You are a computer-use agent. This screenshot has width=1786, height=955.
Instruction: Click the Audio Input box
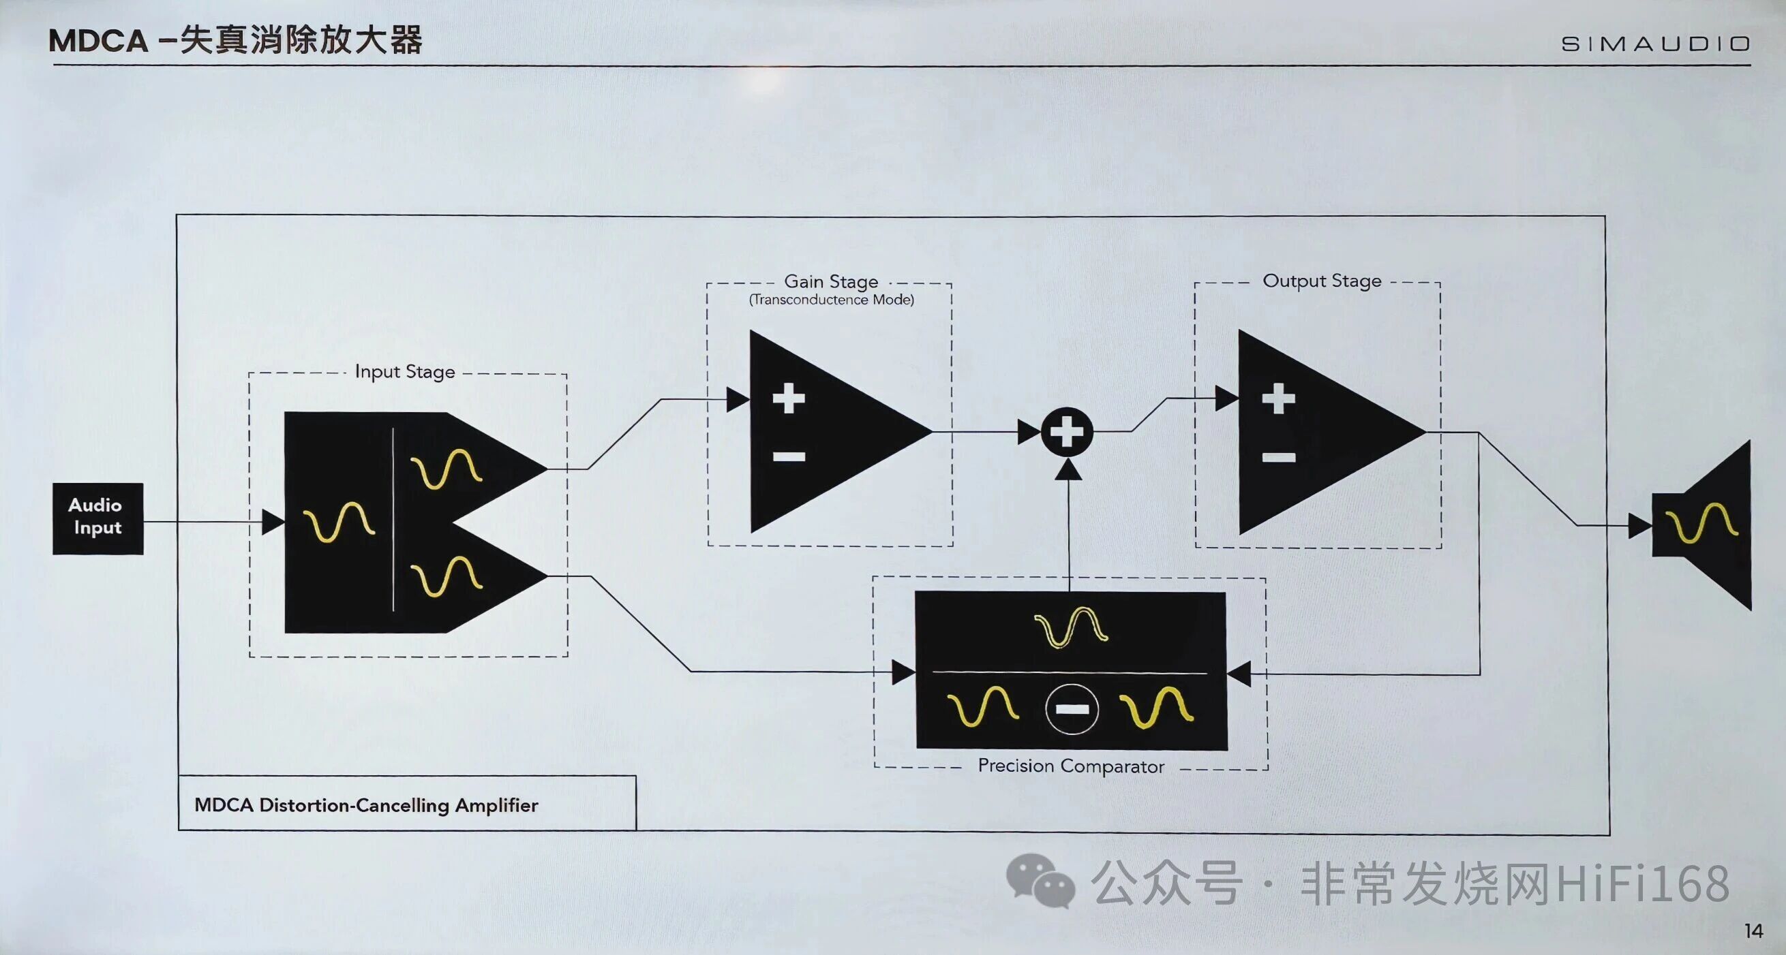97,518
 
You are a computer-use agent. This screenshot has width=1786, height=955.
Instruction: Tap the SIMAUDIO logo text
1655,44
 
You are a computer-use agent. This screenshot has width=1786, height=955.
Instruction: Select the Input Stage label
405,372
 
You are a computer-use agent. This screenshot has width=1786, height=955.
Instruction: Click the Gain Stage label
830,281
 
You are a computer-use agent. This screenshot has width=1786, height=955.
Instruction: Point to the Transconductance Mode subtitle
830,300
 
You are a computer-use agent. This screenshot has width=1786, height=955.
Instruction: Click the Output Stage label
1322,281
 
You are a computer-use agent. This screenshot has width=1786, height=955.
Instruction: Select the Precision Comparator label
1070,766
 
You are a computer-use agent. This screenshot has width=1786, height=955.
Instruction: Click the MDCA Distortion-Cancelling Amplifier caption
366,804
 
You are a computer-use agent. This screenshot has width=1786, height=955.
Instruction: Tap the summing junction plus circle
1067,432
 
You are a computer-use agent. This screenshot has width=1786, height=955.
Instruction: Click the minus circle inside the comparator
1071,708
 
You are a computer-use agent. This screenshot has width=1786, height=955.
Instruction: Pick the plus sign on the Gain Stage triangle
788,398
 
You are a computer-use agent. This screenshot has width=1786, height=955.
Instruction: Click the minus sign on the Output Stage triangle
1278,456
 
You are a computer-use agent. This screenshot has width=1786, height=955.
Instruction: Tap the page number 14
1753,930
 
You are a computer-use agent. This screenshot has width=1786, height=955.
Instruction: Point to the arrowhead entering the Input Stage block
273,522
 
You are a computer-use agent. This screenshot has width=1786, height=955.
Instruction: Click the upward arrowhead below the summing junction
1068,470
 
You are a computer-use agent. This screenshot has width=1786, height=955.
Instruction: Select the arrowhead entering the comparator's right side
1239,674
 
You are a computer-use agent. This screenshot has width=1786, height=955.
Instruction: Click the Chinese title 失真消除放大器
301,40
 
